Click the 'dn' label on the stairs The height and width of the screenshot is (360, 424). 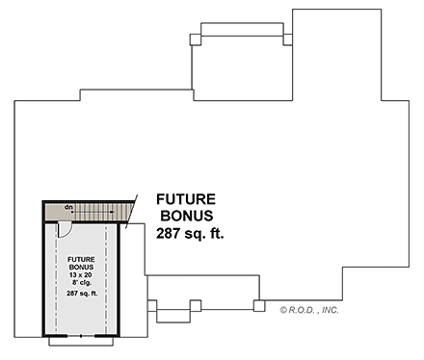(69, 207)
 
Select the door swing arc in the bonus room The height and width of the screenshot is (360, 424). (64, 228)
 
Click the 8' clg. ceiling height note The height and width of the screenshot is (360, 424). (81, 283)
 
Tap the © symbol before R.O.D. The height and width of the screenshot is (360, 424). (284, 311)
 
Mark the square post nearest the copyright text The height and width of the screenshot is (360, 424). (258, 306)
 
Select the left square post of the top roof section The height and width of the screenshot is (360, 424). (195, 39)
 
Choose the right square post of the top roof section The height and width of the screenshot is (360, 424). (286, 39)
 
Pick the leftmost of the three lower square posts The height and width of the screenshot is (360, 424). (152, 307)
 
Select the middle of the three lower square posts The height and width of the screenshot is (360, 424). (195, 306)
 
